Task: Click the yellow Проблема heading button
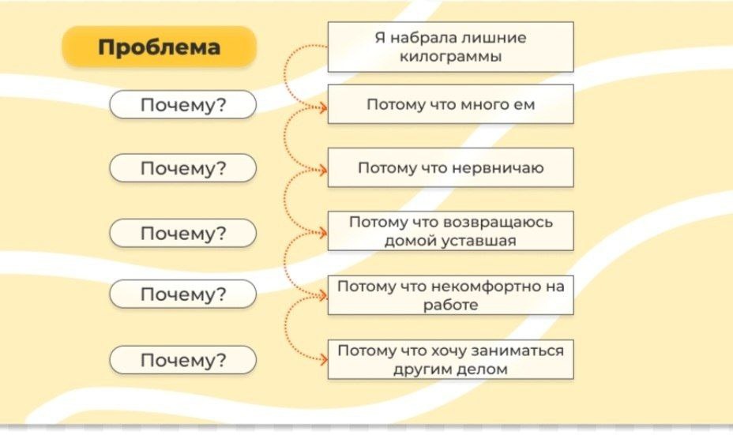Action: [159, 47]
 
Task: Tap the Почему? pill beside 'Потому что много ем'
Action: [182, 105]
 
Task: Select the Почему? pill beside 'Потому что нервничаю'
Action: [182, 168]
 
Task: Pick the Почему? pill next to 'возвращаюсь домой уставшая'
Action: [182, 233]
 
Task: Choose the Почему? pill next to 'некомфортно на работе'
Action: [182, 294]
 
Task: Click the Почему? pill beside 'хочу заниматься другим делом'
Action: [182, 360]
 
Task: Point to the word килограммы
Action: [451, 58]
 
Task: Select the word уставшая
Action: [481, 241]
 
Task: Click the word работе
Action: [451, 306]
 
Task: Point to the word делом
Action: [483, 369]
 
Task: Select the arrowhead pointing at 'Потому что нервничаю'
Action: [323, 168]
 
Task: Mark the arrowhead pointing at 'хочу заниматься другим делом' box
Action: [323, 360]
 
